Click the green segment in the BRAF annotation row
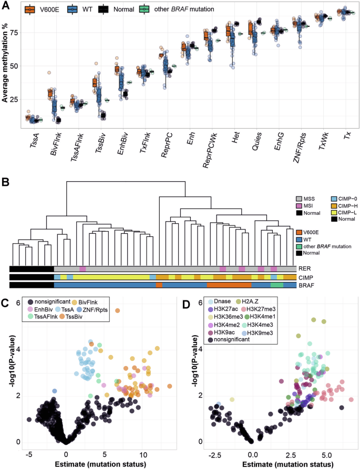pos(277,285)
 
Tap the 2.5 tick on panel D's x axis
pos(290,454)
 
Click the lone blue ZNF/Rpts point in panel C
pos(55,391)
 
